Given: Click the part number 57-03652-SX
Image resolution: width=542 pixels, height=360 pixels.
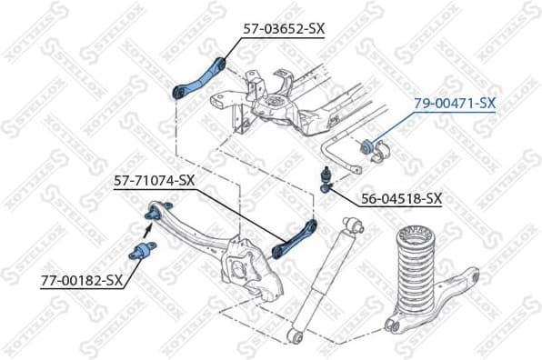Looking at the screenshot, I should (x=283, y=29).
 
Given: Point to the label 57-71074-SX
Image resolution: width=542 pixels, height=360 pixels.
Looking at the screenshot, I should (x=154, y=180).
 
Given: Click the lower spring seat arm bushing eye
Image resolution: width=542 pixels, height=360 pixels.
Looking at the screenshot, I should (x=393, y=323).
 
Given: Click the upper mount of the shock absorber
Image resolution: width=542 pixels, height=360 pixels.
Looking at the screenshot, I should (x=354, y=225).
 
